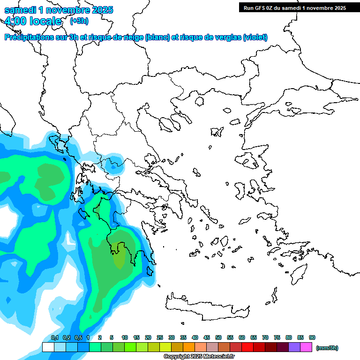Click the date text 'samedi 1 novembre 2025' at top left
59,10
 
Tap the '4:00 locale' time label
33,21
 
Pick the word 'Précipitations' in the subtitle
29,37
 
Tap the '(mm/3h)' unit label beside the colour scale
327,348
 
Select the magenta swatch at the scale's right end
306,347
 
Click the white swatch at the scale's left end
48,347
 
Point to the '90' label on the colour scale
312,337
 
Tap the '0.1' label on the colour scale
55,337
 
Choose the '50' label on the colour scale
218,337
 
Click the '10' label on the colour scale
125,337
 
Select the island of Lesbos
250,161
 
